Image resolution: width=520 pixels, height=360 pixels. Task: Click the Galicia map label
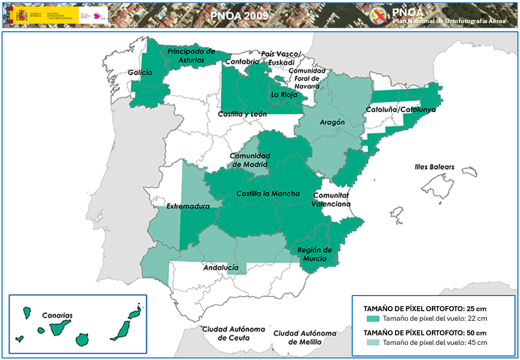click(x=140, y=73)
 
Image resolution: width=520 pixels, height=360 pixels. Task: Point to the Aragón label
click(x=332, y=122)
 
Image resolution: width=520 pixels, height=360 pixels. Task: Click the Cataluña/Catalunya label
click(x=401, y=109)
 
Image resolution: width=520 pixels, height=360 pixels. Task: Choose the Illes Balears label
click(x=434, y=167)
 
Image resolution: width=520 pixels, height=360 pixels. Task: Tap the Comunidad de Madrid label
click(x=250, y=160)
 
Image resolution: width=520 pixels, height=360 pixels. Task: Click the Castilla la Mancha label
click(x=268, y=193)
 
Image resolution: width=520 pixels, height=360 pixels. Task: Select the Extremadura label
click(x=187, y=206)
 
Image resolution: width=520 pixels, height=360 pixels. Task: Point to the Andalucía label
click(x=221, y=268)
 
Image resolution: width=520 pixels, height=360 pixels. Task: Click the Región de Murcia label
click(x=314, y=254)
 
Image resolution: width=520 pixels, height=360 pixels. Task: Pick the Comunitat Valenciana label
click(x=331, y=199)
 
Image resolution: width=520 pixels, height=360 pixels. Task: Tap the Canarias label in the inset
click(x=57, y=316)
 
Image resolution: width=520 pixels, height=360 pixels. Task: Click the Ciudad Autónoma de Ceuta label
click(x=233, y=333)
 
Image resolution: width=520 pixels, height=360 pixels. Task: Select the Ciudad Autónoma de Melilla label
click(x=305, y=337)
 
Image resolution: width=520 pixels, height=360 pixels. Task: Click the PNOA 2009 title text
click(x=239, y=16)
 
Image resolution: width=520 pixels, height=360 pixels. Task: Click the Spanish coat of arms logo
click(x=22, y=15)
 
